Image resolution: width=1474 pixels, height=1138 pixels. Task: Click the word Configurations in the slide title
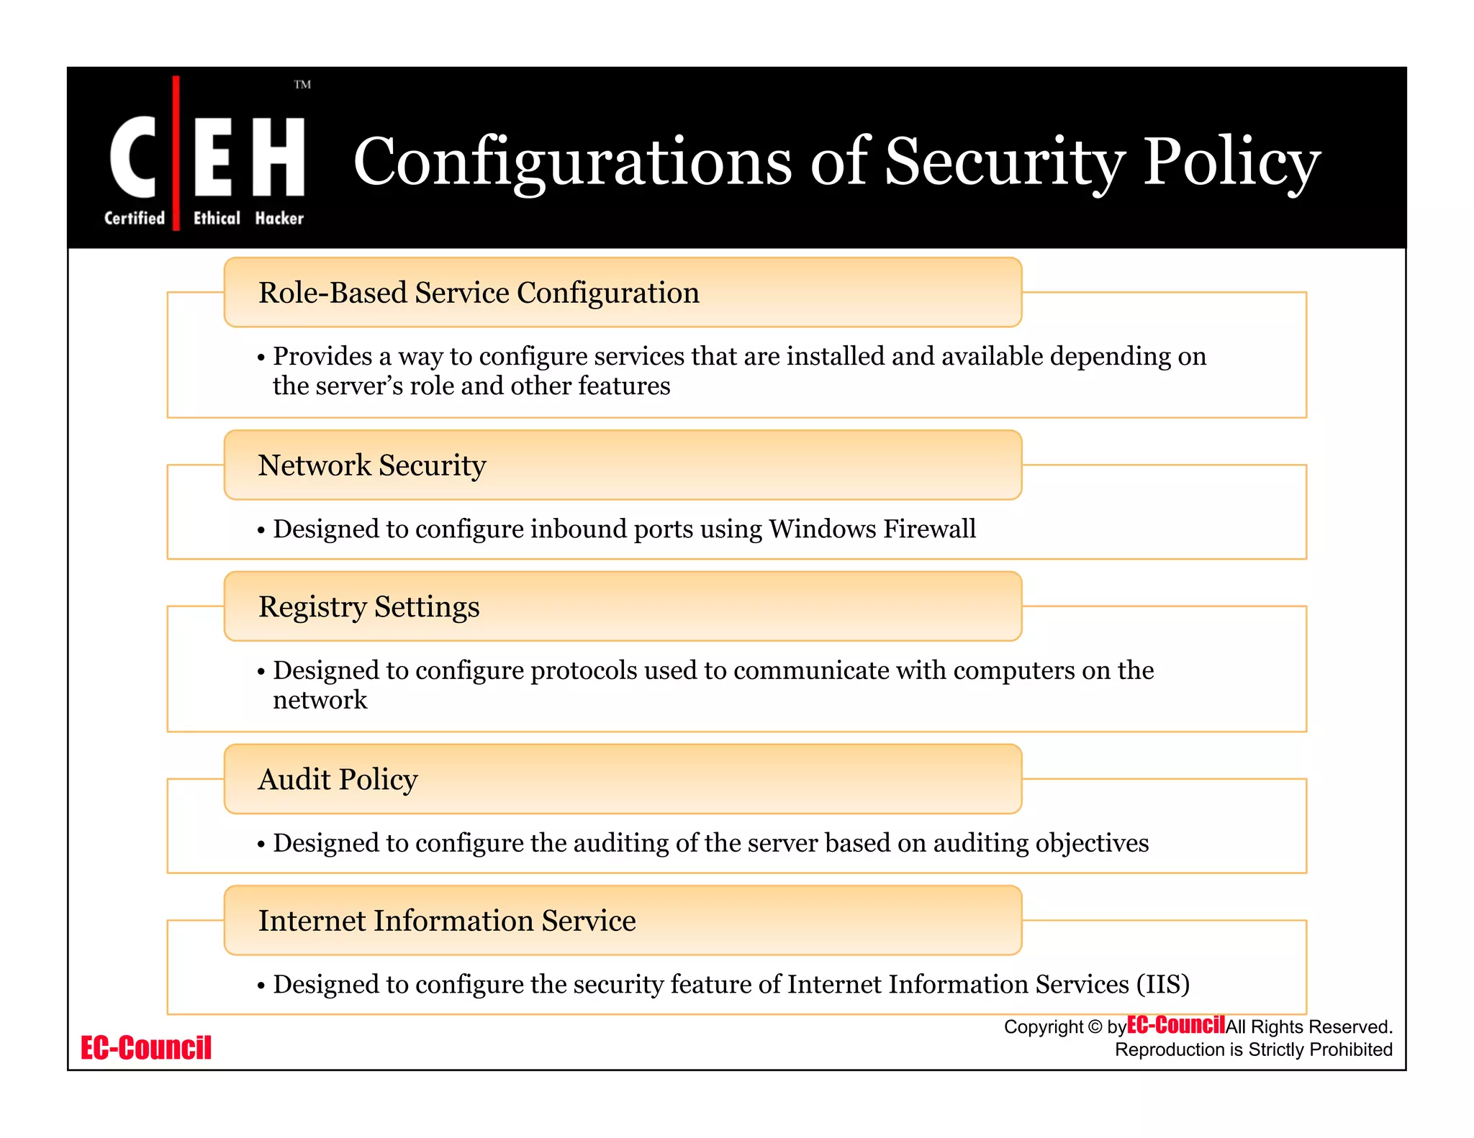(572, 162)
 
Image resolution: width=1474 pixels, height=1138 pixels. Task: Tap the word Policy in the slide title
(1231, 162)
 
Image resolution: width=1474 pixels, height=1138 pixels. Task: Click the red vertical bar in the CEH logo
(176, 153)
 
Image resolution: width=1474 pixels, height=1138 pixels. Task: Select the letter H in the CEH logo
(279, 157)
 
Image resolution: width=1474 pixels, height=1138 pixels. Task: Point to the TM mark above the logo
(302, 85)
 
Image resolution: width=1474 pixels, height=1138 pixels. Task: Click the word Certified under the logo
(135, 218)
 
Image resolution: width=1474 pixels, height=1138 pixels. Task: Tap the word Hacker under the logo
(279, 218)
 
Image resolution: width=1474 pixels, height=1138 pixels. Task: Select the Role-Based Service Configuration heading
(479, 293)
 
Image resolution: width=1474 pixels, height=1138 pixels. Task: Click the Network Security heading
(372, 465)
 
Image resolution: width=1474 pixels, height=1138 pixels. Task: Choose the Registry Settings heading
(368, 607)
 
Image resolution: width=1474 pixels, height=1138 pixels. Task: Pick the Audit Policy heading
(338, 780)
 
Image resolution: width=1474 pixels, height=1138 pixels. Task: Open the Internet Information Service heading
(447, 921)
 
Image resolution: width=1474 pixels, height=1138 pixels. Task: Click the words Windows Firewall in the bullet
(872, 529)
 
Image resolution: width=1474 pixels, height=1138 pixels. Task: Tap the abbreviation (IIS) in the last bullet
(1162, 984)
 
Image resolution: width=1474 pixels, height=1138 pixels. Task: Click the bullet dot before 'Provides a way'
(261, 358)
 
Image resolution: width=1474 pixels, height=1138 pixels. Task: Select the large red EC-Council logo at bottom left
(146, 1048)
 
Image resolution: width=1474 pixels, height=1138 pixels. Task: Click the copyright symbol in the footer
(1095, 1027)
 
